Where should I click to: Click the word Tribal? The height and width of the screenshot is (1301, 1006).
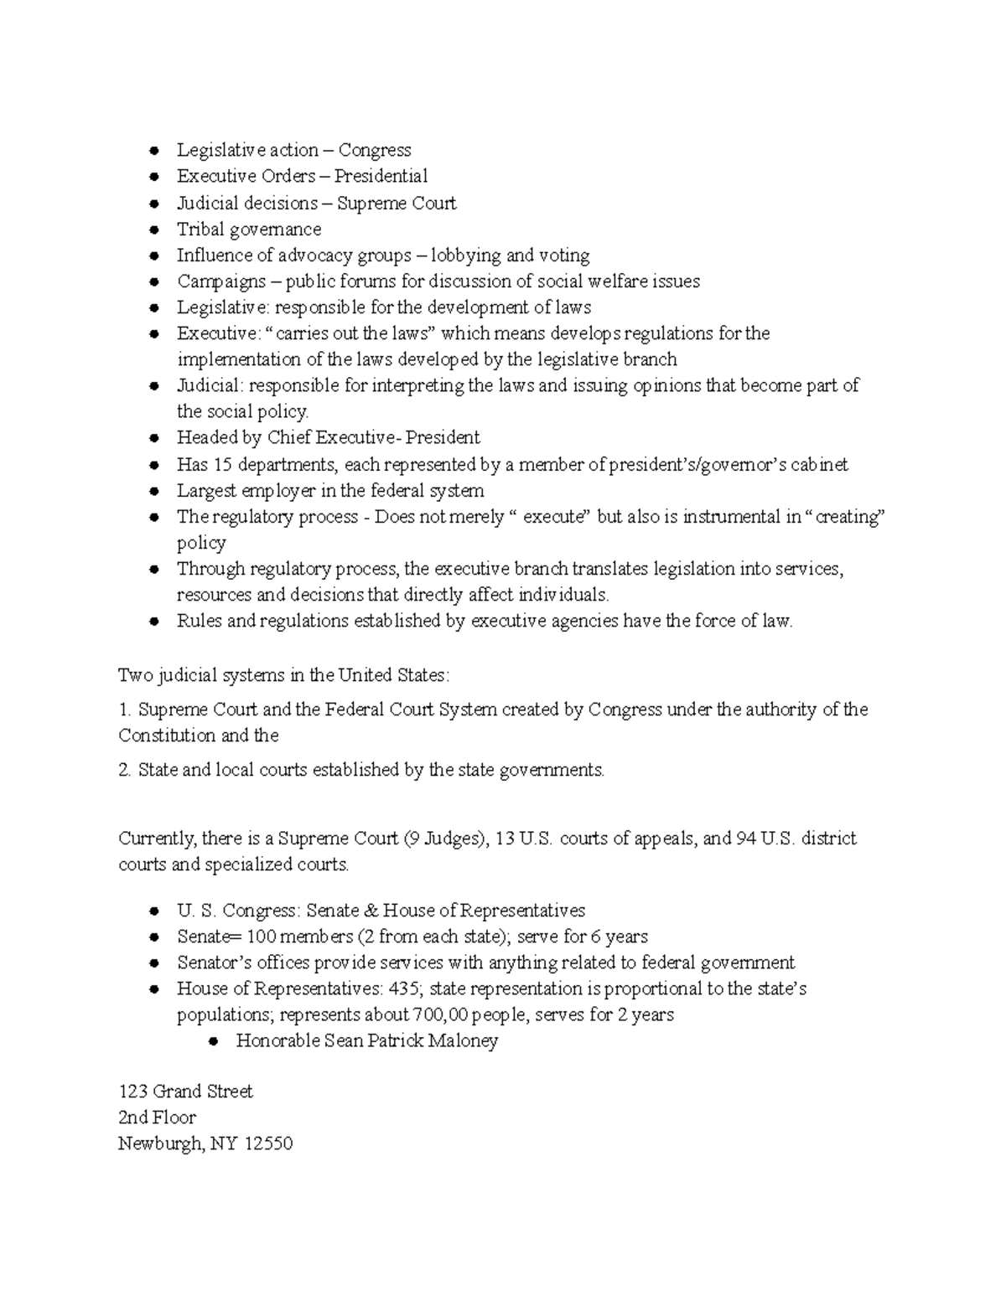pos(200,229)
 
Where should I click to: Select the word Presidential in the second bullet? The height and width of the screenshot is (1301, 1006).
pos(381,176)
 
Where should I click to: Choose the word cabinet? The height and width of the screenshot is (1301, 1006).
pos(820,464)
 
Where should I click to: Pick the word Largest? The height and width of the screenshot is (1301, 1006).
pos(205,490)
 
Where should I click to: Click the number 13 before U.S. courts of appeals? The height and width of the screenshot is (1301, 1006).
pos(505,839)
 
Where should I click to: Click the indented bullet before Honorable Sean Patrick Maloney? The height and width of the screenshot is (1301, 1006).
pos(213,1041)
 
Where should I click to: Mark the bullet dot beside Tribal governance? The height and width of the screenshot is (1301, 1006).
pos(153,230)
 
